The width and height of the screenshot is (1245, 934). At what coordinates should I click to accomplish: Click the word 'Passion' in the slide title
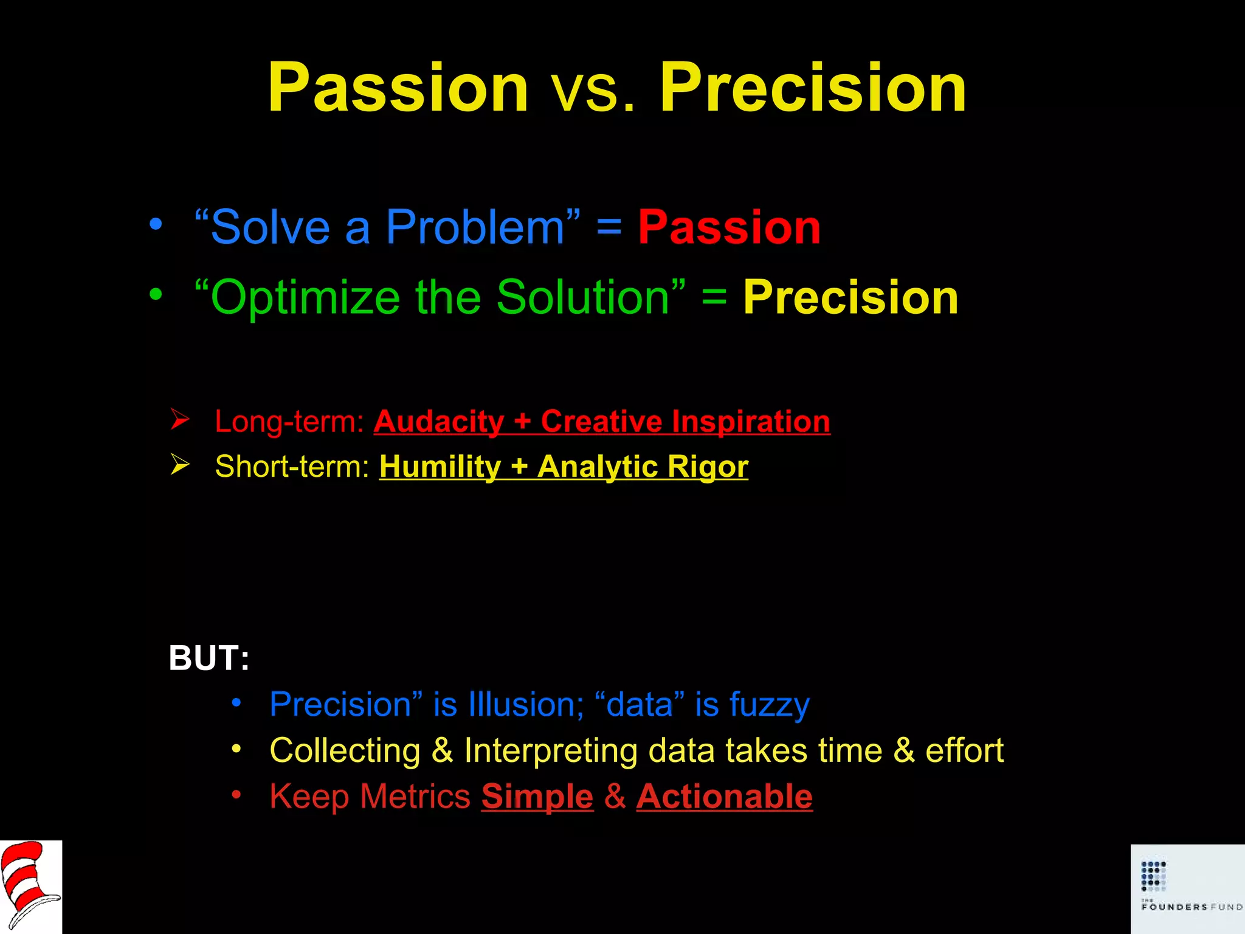(x=398, y=88)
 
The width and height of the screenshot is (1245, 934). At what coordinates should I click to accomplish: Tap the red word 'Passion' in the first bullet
(x=729, y=227)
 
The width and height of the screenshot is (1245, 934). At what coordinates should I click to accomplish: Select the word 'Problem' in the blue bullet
(x=475, y=227)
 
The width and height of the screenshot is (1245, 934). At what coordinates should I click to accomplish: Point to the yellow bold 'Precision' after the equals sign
(x=850, y=298)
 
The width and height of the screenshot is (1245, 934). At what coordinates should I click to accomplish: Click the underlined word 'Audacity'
(x=439, y=421)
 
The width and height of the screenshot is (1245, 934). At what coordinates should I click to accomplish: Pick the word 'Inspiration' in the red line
(x=751, y=421)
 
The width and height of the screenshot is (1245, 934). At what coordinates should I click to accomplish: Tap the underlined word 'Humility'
(x=440, y=467)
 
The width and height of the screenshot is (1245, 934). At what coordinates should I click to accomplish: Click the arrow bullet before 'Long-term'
(x=180, y=420)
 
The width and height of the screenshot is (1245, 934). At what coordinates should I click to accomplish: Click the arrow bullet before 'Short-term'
(x=180, y=465)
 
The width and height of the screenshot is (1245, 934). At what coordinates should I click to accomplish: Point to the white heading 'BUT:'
(x=209, y=659)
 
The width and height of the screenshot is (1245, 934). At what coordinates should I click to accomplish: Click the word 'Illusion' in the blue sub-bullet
(x=522, y=705)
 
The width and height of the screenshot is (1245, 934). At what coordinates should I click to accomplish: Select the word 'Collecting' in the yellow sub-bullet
(x=345, y=750)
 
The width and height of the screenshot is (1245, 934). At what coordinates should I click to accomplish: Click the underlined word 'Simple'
(x=537, y=797)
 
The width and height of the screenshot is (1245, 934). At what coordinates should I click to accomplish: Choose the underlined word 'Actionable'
(x=724, y=797)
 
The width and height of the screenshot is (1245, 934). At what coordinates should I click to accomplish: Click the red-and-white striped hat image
(x=30, y=887)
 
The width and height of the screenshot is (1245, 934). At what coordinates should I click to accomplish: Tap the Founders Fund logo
(x=1187, y=888)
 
